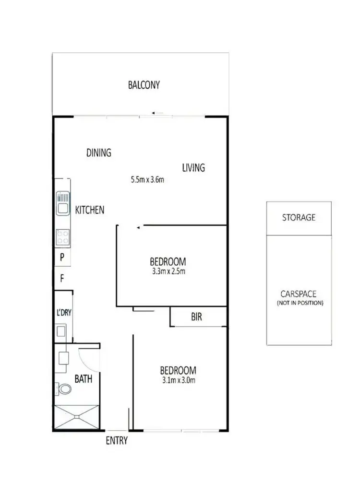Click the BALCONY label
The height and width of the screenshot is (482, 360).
144,85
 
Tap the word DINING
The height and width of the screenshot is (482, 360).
99,153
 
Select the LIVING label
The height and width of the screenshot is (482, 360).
193,168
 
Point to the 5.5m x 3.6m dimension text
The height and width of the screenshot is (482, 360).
148,181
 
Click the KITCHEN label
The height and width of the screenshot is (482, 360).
90,210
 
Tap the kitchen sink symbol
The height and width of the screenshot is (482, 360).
63,203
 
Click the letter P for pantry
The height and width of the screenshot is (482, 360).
62,257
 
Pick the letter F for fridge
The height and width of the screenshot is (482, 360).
62,277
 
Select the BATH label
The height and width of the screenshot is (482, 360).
83,379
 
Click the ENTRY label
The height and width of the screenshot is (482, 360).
117,441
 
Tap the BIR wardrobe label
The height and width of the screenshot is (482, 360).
196,317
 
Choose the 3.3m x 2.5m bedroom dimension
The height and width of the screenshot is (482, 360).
168,271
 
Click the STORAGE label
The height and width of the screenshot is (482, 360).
299,217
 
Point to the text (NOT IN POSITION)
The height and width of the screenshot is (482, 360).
300,304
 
